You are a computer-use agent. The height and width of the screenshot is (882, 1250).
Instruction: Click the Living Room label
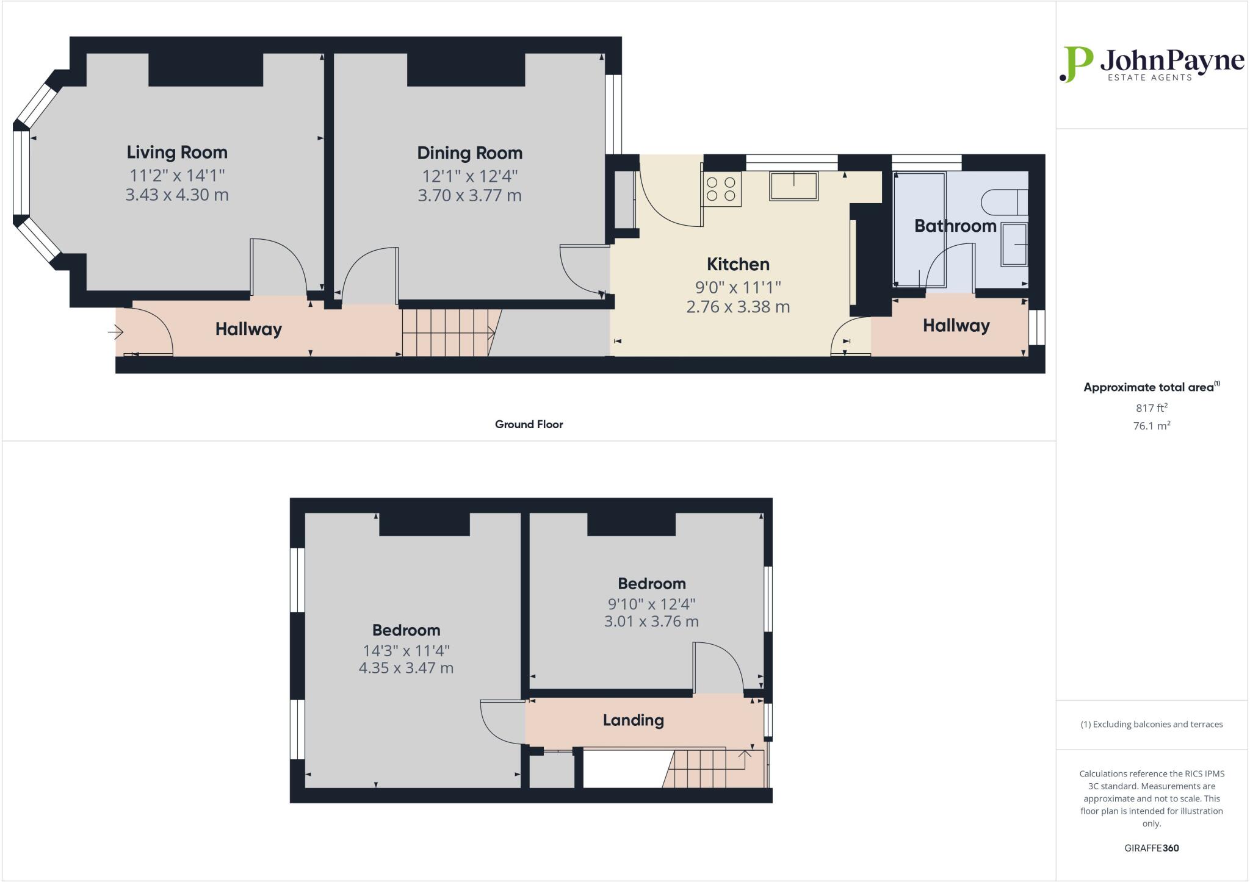coord(176,152)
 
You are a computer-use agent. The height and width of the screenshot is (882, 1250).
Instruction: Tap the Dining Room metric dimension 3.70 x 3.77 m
coord(469,196)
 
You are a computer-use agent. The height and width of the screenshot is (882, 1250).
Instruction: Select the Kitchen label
coord(738,264)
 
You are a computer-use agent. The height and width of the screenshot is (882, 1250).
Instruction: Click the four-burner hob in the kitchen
coord(721,188)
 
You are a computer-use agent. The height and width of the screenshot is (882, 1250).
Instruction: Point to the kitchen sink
coord(793,186)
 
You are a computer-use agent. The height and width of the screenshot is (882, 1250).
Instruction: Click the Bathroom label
coord(955,226)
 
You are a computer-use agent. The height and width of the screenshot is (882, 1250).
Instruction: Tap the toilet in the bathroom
coord(1007,202)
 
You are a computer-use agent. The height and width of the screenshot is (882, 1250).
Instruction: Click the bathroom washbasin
coord(1014,244)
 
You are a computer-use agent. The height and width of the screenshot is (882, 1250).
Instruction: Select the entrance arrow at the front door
coord(116,332)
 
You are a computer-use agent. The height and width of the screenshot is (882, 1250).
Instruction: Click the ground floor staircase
coord(447,332)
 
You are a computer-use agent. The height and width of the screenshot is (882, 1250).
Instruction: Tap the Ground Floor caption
coord(529,425)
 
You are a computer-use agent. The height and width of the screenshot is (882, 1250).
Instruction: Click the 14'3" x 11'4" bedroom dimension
coord(406,650)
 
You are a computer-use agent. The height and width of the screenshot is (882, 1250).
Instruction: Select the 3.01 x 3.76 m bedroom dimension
coord(651,622)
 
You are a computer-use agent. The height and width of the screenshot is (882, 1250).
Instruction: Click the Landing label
coord(633,720)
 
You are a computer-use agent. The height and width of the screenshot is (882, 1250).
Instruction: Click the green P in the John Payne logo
coord(1075,64)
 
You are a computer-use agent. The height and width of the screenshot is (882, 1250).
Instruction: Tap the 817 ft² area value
coord(1151,407)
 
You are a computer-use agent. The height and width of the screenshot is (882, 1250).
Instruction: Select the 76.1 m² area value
coord(1151,426)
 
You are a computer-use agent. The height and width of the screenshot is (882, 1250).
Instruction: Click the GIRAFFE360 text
coord(1151,848)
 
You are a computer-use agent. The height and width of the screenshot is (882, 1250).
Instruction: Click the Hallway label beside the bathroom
coord(956,326)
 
